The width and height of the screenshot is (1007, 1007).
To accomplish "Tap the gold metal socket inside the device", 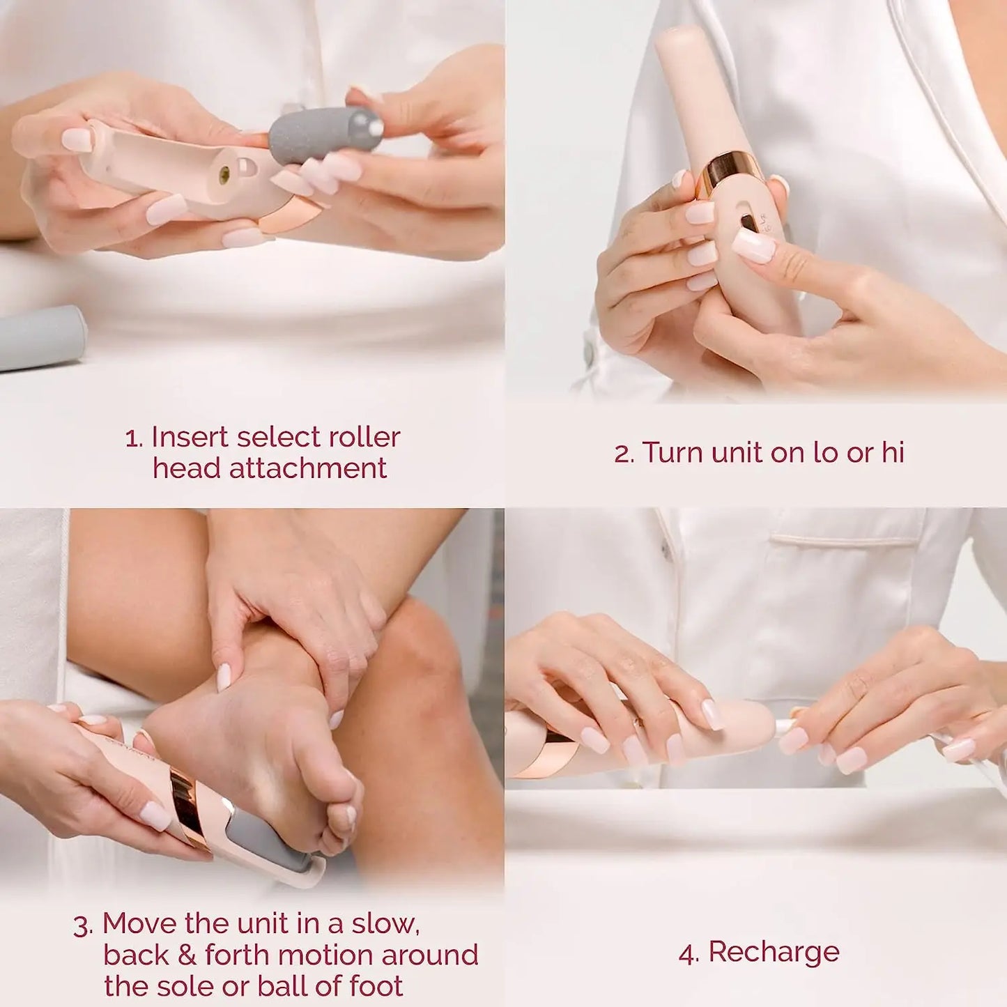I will (224, 175).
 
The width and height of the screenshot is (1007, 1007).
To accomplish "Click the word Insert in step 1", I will (189, 438).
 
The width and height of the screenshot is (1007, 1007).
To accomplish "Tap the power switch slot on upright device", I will (748, 223).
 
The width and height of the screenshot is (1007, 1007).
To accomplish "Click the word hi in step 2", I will (893, 453).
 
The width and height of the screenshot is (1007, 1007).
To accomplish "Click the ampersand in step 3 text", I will (186, 955).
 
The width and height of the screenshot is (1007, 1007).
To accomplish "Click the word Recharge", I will (774, 953).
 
